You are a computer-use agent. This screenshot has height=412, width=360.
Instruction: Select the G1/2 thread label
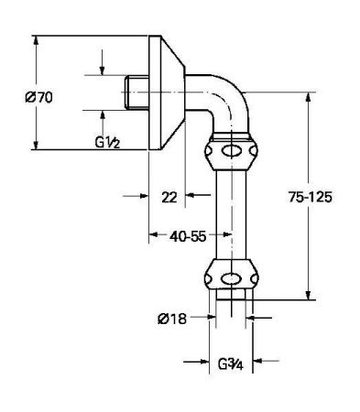(111, 141)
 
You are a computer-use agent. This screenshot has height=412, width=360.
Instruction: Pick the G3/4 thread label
(229, 363)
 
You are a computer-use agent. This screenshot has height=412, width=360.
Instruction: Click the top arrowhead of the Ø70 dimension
(36, 41)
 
